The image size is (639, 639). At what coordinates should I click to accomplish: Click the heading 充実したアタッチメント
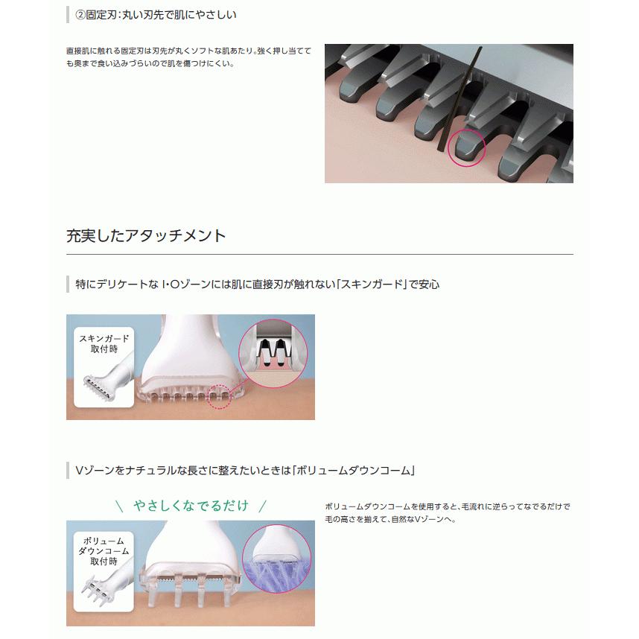[146, 236]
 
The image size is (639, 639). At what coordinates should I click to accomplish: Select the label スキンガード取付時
[104, 343]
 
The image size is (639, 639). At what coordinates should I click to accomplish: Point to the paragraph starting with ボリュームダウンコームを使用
[448, 512]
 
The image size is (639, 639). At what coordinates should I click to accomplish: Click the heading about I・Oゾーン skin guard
[257, 284]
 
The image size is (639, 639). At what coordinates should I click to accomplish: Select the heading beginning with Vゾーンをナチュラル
[245, 471]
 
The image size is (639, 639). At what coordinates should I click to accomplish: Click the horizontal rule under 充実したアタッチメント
[319, 255]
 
